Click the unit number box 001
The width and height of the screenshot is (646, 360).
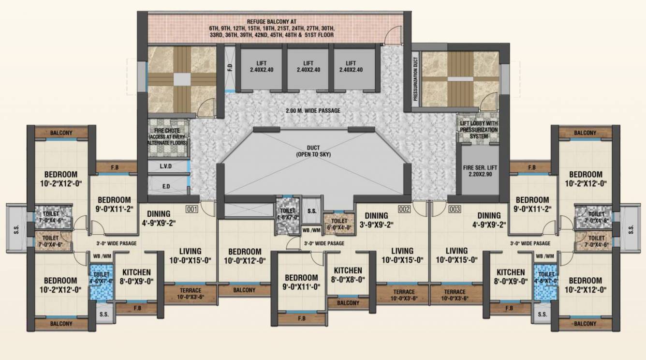[193, 209]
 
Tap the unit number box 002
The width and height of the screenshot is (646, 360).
[404, 209]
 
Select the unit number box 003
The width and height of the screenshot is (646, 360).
[454, 209]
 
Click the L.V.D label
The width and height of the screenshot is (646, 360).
[166, 166]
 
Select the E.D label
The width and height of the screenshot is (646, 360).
[166, 185]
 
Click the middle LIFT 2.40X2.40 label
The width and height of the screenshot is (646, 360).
[308, 67]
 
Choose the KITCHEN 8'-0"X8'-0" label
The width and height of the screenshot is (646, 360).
[348, 274]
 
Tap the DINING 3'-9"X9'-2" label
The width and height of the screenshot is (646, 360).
[376, 220]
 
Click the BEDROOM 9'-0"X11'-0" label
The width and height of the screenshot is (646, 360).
[301, 282]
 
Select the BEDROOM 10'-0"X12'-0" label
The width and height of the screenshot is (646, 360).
[245, 255]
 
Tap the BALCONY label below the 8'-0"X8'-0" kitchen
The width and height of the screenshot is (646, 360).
[348, 303]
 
